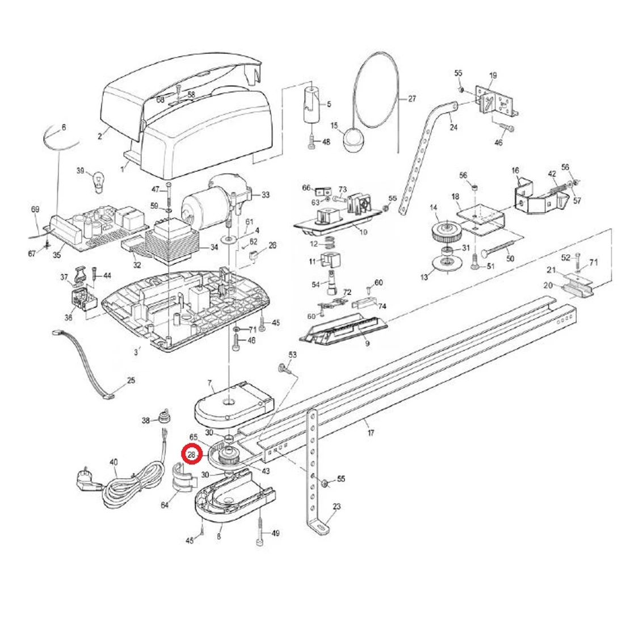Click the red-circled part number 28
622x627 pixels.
point(192,455)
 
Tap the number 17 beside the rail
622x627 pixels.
point(371,433)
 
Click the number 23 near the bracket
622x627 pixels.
point(337,507)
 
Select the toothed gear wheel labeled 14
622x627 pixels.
point(443,232)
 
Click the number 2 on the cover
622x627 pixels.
point(99,136)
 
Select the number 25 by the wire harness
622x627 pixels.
point(131,380)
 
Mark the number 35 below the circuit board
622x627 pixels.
point(57,255)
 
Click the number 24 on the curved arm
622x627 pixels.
point(453,127)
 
